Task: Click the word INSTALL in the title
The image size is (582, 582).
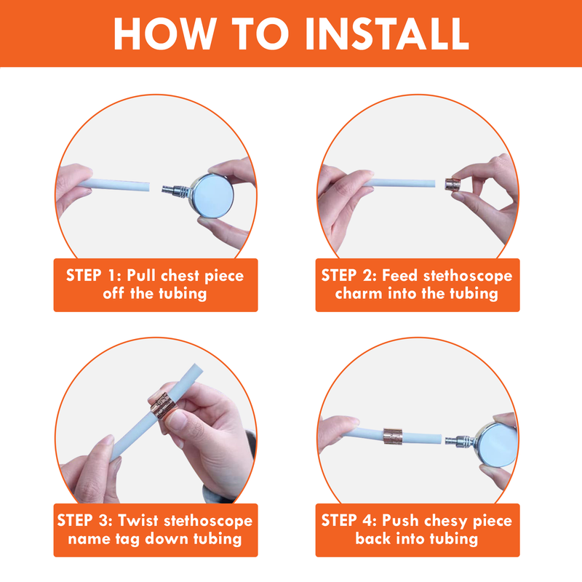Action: click(387, 33)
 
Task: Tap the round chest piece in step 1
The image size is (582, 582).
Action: click(212, 195)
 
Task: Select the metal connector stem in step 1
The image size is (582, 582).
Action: click(176, 190)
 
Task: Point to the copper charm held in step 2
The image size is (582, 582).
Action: click(453, 184)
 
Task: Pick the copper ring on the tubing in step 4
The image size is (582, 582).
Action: click(393, 436)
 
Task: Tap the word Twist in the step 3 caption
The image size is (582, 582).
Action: click(138, 520)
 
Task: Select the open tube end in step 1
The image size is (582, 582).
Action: click(149, 187)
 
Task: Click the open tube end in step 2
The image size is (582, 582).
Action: click(434, 183)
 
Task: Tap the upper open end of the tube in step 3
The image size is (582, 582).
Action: click(197, 368)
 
